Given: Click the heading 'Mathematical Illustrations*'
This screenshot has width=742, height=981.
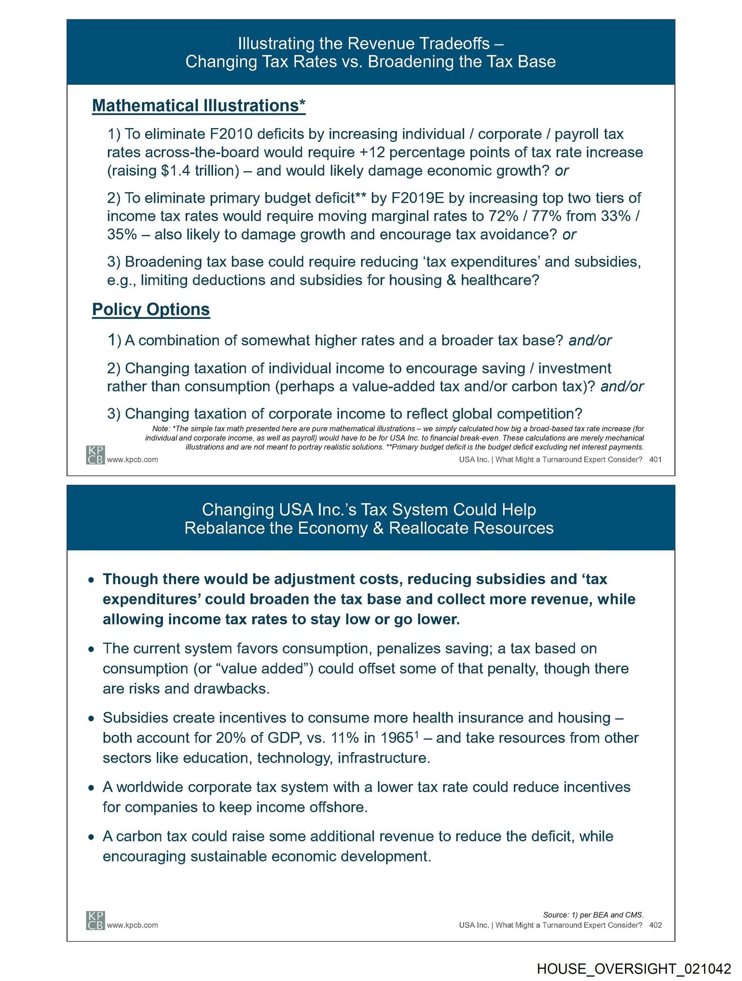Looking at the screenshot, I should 199,106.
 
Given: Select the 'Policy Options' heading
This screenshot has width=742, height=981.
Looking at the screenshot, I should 151,310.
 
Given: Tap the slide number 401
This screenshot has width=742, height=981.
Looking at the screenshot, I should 655,459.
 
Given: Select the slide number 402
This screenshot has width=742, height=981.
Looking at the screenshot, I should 655,925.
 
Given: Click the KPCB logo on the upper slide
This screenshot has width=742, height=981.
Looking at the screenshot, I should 95,455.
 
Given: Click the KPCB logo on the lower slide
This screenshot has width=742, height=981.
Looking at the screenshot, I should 95,920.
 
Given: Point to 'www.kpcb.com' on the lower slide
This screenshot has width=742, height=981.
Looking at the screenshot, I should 132,925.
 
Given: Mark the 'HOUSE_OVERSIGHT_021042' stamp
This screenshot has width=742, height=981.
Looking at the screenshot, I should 634,969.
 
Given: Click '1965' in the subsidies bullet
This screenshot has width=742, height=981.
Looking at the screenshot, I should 397,738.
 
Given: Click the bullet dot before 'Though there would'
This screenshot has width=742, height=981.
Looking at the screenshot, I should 91,580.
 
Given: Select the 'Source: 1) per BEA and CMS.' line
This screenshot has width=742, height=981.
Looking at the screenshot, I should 593,915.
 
